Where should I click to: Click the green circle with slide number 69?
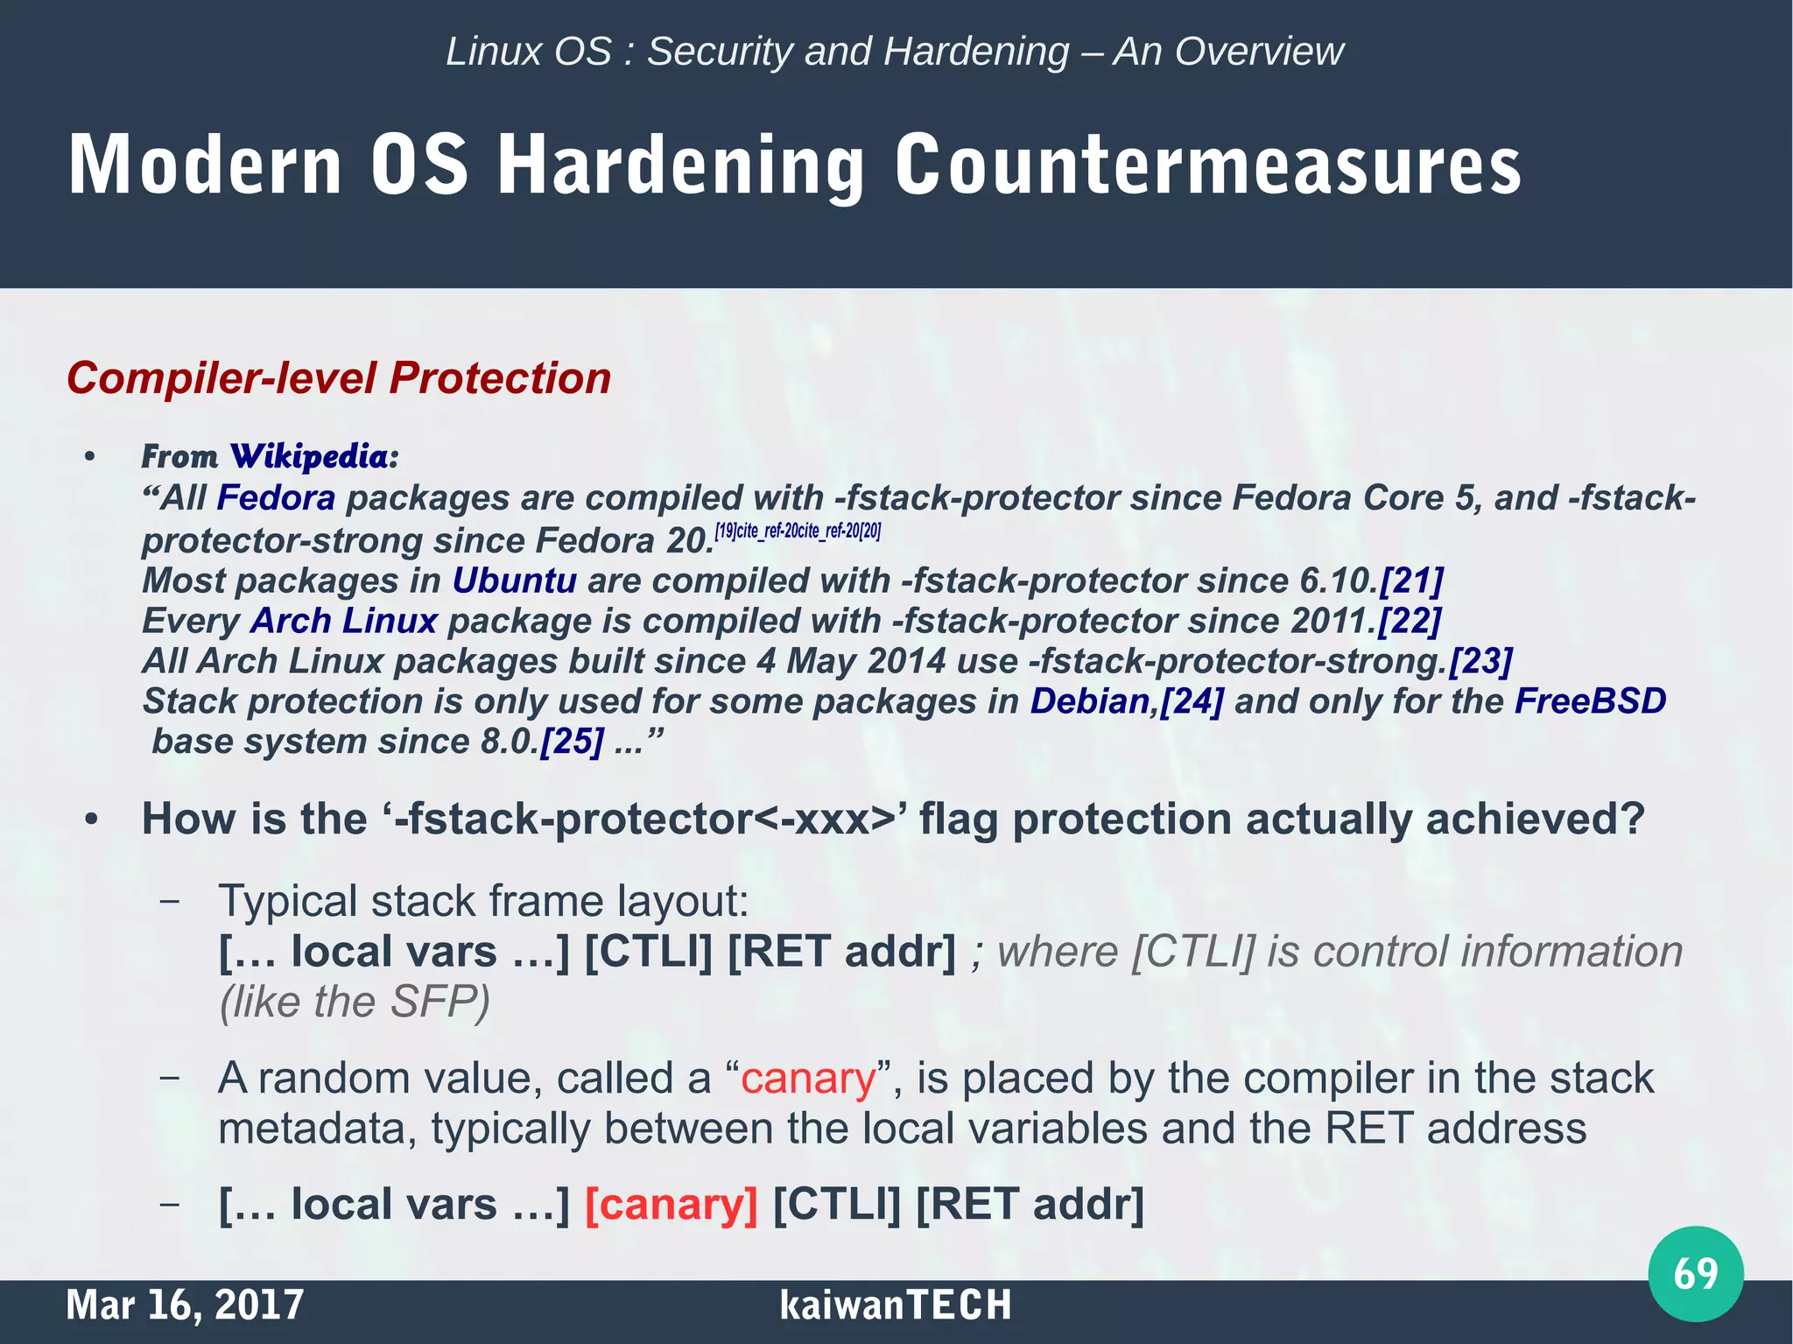tap(1695, 1273)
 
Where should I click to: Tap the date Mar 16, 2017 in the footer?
tap(185, 1305)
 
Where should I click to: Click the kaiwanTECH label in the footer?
tap(895, 1305)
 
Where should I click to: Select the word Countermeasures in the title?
tap(1207, 165)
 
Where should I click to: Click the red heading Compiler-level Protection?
tap(339, 378)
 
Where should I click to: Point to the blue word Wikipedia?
tap(313, 456)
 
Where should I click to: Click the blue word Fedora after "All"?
tap(276, 498)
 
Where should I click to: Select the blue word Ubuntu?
tap(514, 581)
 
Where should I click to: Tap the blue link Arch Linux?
tap(343, 621)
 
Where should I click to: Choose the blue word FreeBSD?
tap(1590, 701)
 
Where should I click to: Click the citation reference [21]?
tap(1411, 581)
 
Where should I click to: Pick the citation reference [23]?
tap(1481, 661)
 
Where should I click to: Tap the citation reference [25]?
tap(572, 742)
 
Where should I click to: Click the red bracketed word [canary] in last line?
tap(671, 1204)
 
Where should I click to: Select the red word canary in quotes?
tap(807, 1078)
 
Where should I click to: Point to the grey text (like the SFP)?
tap(355, 1002)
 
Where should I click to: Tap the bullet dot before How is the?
tap(90, 820)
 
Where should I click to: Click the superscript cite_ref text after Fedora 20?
tap(798, 531)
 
